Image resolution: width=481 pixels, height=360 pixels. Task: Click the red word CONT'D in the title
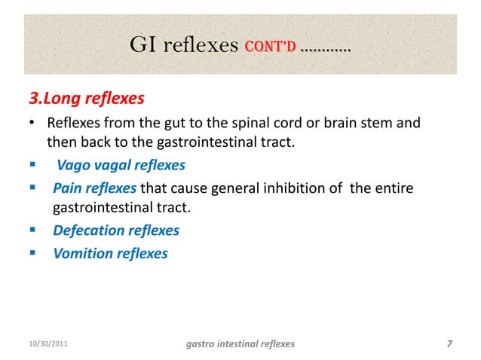tap(270, 47)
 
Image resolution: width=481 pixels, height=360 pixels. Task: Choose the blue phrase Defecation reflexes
tap(116, 230)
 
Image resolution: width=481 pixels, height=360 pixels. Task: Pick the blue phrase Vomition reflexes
tap(110, 253)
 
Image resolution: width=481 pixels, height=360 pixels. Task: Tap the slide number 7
tap(449, 344)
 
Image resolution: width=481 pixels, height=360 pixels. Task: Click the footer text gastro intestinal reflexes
tap(240, 344)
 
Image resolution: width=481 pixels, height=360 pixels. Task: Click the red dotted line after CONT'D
tap(325, 50)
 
